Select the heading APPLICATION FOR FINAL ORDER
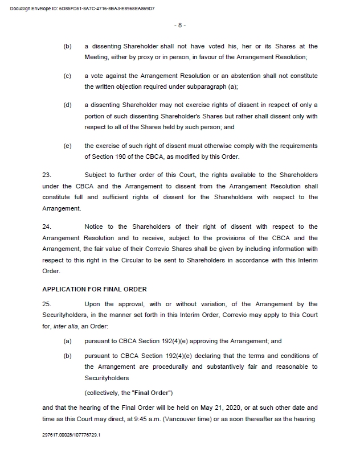[x=95, y=289]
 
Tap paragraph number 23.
[x=47, y=174]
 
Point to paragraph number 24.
[x=47, y=227]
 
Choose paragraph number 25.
[x=47, y=304]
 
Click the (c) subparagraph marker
[x=67, y=76]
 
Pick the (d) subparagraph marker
[x=67, y=105]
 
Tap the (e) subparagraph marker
[x=67, y=146]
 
